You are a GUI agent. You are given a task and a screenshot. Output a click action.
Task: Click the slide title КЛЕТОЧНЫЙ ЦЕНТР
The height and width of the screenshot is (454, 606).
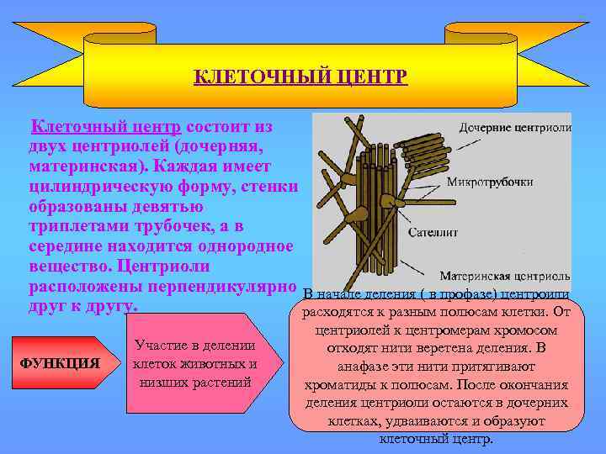pyautogui.click(x=300, y=77)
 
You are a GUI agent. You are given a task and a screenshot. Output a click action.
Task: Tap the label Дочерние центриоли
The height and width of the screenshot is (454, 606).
pyautogui.click(x=515, y=128)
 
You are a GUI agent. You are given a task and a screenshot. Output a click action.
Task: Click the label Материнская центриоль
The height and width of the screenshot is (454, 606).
pyautogui.click(x=505, y=276)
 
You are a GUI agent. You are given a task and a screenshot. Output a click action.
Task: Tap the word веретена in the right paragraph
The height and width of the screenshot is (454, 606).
pyautogui.click(x=471, y=348)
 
